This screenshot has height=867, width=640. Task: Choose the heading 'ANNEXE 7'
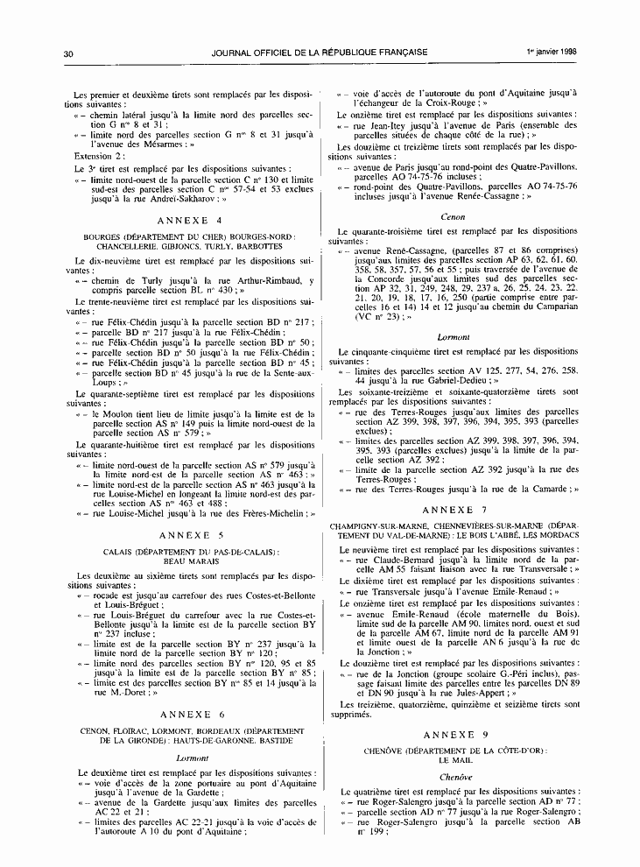454,509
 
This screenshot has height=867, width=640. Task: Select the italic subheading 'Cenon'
454,216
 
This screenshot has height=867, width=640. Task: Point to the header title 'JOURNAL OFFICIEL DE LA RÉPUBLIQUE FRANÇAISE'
319,53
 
